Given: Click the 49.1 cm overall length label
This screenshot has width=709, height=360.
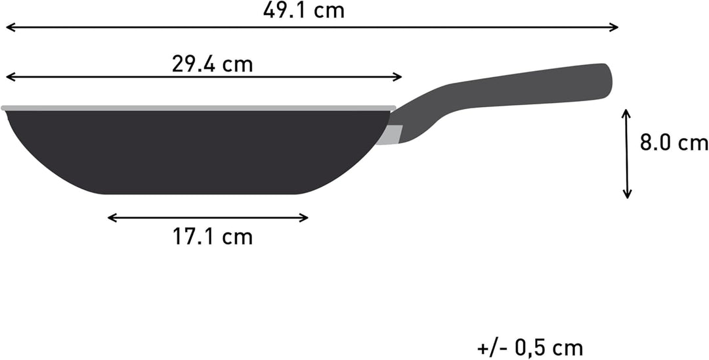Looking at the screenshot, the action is [303, 11].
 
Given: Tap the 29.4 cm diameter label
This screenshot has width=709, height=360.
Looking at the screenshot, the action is [212, 64].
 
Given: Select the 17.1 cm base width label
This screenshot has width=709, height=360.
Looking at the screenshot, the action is [213, 236].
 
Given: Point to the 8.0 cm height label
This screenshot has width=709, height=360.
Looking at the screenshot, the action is [674, 143].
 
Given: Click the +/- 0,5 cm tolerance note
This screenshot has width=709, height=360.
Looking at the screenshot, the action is [530, 349].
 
